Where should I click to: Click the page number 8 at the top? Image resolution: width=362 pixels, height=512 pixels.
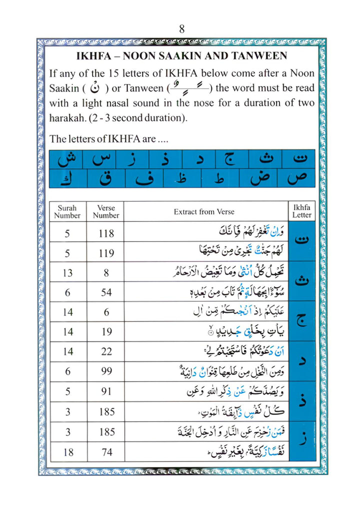pos(181,28)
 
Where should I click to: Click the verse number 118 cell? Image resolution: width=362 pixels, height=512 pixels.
pos(106,233)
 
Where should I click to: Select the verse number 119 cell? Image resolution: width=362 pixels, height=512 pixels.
pos(106,253)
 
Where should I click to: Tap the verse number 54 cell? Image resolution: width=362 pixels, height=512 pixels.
pos(106,292)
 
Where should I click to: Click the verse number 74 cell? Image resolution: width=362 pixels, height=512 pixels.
pos(106,451)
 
